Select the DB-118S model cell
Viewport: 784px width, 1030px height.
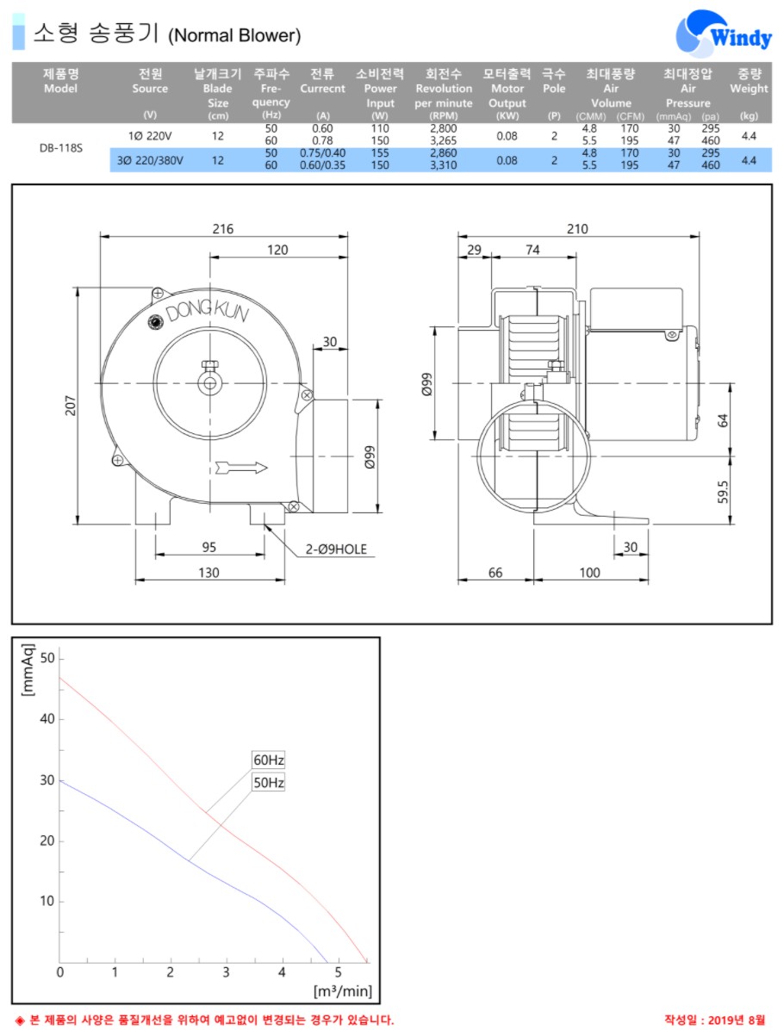61,148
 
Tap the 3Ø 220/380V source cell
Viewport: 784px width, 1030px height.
150,160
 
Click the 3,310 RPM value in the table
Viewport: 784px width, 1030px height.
444,165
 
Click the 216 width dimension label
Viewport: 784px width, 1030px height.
223,228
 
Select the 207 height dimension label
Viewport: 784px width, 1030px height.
71,406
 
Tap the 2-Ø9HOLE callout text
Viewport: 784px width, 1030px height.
336,549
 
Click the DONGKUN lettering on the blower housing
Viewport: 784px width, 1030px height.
207,308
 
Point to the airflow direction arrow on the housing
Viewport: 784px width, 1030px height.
241,468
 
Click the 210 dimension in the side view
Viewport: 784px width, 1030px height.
577,228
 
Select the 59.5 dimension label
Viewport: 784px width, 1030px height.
723,492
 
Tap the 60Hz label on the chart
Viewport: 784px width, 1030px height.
269,760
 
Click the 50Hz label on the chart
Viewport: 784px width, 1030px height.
269,782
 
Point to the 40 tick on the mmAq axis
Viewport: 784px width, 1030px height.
47,718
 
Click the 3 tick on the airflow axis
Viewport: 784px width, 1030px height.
226,972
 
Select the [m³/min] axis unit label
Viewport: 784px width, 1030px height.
342,990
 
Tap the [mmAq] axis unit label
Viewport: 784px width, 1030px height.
28,669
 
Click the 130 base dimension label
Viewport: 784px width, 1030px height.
209,573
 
